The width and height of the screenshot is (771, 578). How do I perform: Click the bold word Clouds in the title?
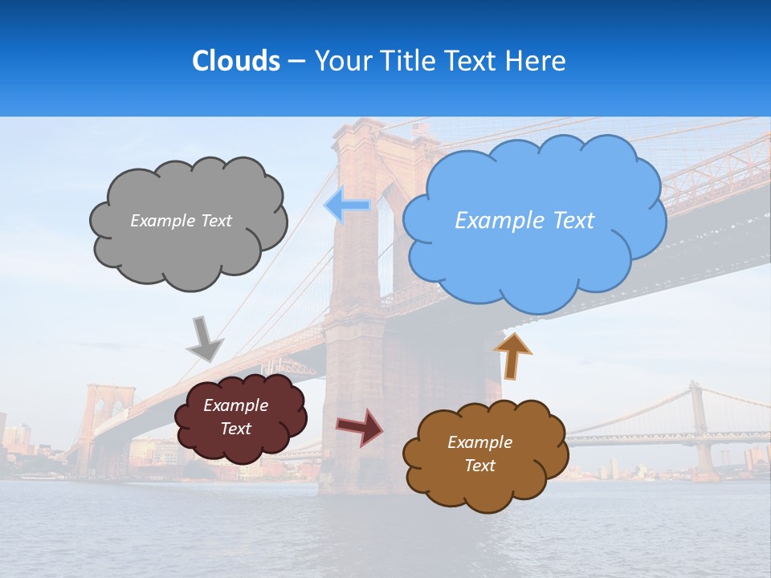point(236,61)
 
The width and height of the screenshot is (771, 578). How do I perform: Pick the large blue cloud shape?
point(534,257)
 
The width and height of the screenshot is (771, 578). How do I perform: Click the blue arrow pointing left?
point(347,206)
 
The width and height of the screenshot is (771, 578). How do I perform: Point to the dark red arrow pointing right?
point(359,426)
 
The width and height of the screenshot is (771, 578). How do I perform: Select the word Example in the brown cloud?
point(479,442)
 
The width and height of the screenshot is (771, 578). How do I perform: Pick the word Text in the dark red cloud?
point(236,429)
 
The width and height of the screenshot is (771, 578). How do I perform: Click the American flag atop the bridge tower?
point(421,129)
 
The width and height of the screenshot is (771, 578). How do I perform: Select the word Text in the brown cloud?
point(479,466)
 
